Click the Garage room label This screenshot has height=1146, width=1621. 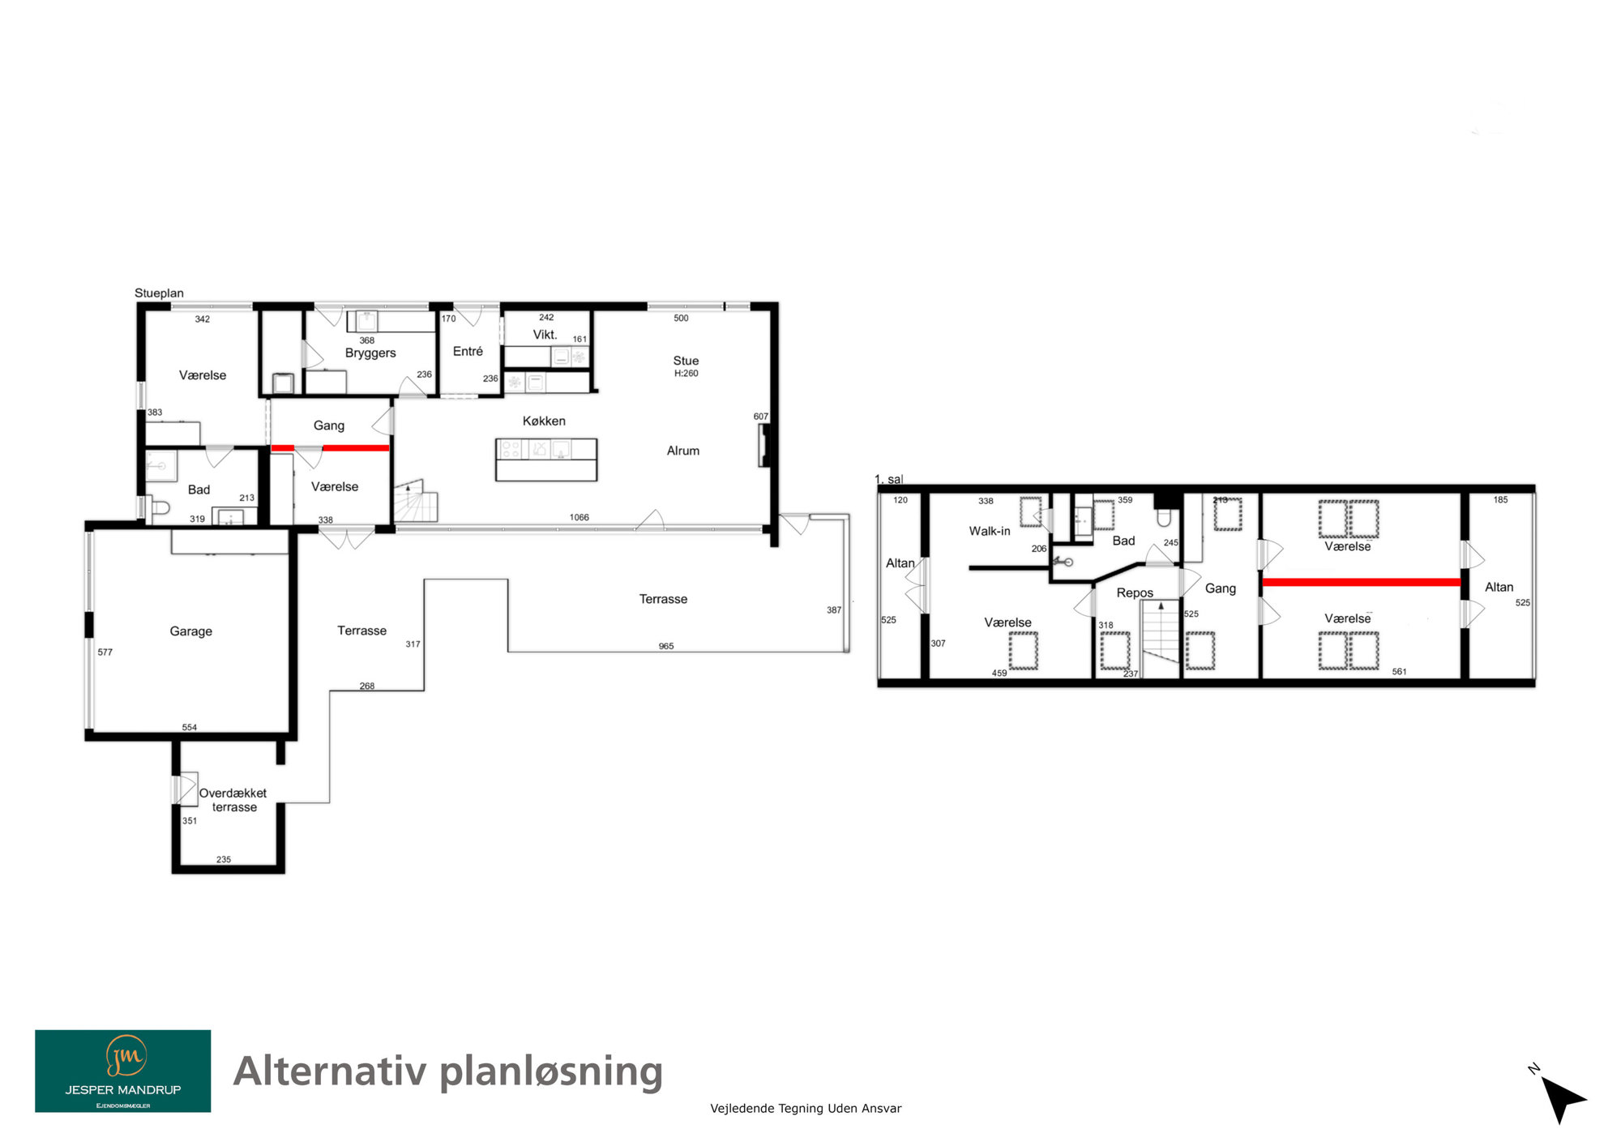(x=191, y=631)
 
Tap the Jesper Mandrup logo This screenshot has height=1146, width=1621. (x=123, y=1071)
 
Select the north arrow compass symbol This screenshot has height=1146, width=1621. (x=1561, y=1097)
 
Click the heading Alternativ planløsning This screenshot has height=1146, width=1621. (x=448, y=1072)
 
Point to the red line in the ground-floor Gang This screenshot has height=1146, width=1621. (x=330, y=448)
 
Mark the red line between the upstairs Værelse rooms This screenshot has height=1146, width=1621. (x=1362, y=582)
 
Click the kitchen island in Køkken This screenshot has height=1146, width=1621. (x=546, y=460)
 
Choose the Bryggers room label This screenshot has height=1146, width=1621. (x=370, y=353)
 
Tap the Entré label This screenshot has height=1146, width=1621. (x=468, y=351)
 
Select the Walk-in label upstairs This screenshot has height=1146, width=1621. (x=990, y=531)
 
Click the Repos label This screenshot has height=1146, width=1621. (x=1135, y=592)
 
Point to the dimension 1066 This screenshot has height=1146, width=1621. (x=580, y=517)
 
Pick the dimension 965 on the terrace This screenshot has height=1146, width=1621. (x=666, y=646)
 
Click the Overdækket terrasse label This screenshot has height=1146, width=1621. (x=233, y=800)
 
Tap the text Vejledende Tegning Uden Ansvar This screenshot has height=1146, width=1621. (x=806, y=1108)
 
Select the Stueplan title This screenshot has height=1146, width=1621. (x=159, y=293)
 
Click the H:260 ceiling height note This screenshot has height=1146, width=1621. (x=686, y=374)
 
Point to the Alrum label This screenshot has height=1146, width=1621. (x=683, y=451)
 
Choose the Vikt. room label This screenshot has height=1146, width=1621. (x=545, y=335)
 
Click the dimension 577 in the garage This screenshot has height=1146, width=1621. (x=105, y=652)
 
